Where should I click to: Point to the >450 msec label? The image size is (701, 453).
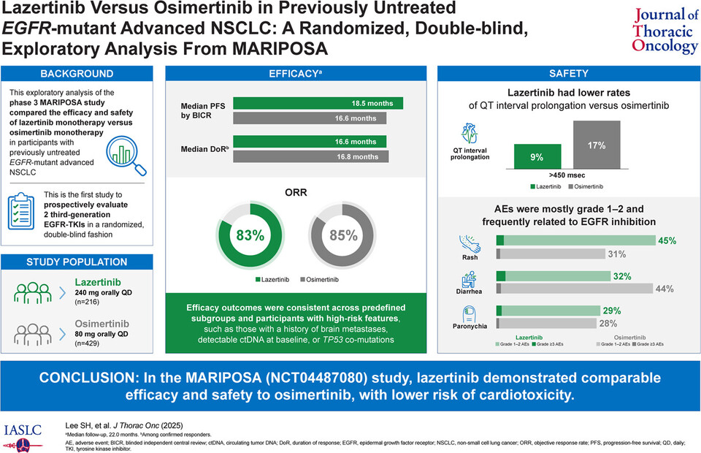click(x=566, y=175)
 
